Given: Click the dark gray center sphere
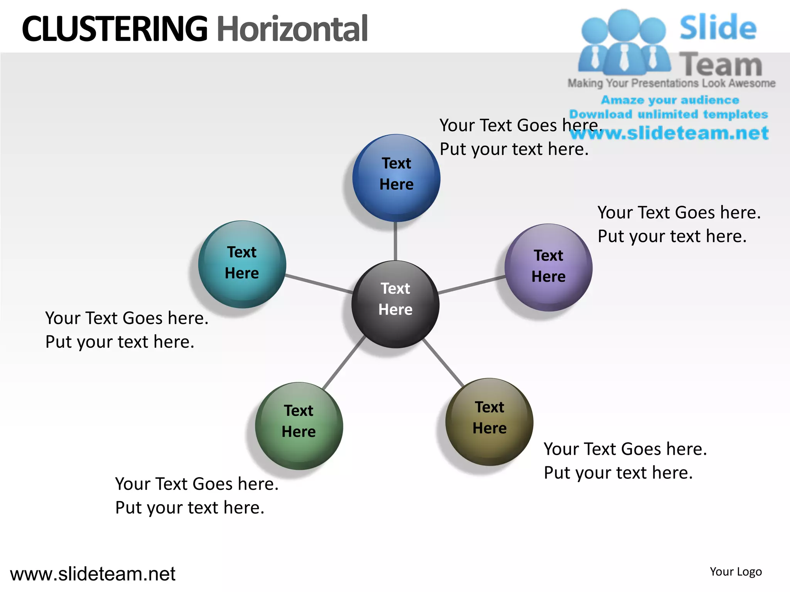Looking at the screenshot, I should click(x=395, y=304).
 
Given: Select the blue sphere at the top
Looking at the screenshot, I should click(x=396, y=178).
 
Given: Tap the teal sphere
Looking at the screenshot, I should click(x=242, y=264).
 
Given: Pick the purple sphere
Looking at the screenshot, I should click(x=549, y=267).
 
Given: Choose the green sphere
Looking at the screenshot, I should click(x=299, y=426).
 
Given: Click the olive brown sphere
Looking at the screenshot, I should click(x=490, y=422).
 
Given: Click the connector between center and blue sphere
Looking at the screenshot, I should click(x=395, y=241).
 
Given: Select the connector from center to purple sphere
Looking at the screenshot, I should click(x=471, y=285).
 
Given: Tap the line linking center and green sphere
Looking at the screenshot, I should click(x=344, y=362).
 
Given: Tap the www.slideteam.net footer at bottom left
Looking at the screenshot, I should click(x=93, y=574).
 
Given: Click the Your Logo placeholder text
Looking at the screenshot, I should click(x=736, y=572).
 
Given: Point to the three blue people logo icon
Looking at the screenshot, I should click(x=624, y=42).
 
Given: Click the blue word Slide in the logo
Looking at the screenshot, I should click(x=718, y=27).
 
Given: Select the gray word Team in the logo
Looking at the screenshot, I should click(x=720, y=64).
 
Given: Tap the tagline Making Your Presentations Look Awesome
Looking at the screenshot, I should click(x=671, y=83).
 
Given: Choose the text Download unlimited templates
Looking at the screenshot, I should click(x=668, y=114).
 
